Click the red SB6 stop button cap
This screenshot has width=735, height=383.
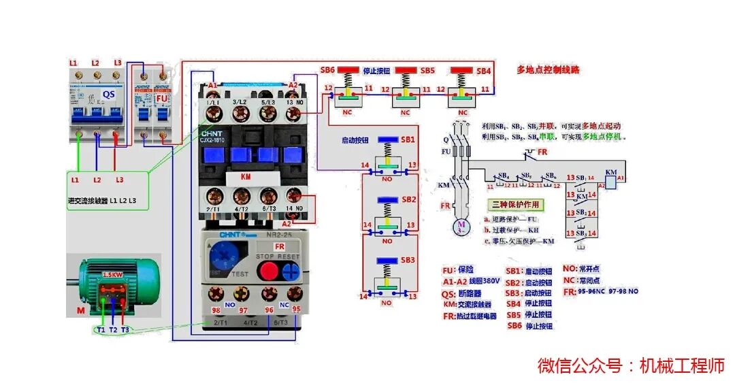click(x=348, y=70)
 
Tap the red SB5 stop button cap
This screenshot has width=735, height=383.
click(x=406, y=70)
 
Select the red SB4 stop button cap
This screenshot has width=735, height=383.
click(x=463, y=70)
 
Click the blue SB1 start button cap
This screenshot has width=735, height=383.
click(x=387, y=139)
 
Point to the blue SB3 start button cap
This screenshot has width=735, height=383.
click(x=387, y=260)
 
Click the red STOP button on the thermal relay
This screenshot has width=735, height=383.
click(x=269, y=271)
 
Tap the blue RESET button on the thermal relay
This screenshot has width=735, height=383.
click(x=291, y=271)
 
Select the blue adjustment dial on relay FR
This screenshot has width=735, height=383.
click(x=222, y=257)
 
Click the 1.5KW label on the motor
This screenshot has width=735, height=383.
click(x=113, y=275)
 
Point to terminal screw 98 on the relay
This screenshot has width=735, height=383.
click(x=216, y=294)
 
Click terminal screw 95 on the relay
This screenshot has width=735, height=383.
click(x=295, y=294)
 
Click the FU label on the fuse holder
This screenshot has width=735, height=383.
click(x=162, y=98)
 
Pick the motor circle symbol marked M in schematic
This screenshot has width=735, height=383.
click(x=461, y=225)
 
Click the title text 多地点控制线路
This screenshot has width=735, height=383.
click(x=548, y=70)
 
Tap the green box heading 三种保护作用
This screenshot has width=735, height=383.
click(x=515, y=204)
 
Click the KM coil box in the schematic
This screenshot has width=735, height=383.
click(x=610, y=181)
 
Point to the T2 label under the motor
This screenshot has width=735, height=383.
click(x=113, y=330)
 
